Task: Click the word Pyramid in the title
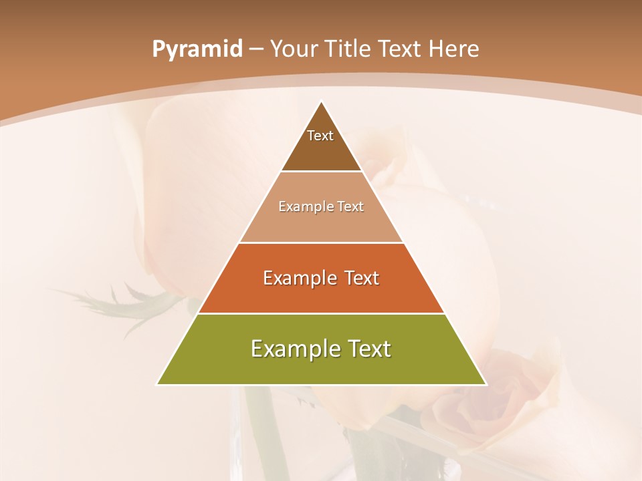(197, 49)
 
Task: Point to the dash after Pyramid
(256, 49)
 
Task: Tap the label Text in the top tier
(320, 136)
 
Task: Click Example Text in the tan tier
(321, 206)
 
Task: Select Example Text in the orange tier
(321, 278)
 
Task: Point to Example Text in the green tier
(321, 349)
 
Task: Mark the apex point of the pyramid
(322, 102)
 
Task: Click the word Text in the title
(399, 49)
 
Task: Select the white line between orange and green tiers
(321, 313)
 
